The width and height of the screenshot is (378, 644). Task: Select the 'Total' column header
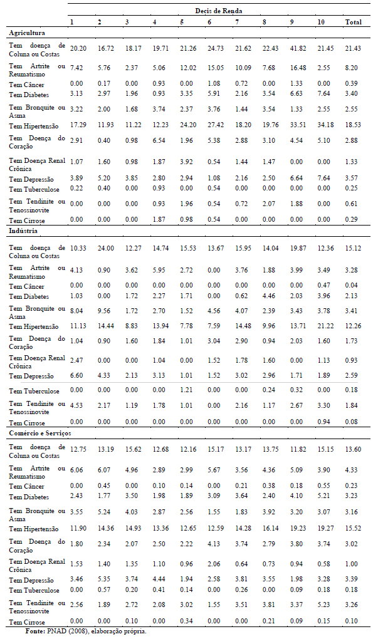pyautogui.click(x=354, y=22)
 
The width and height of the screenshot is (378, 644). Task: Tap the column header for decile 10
pyautogui.click(x=320, y=22)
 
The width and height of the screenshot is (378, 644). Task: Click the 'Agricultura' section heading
pyautogui.click(x=27, y=33)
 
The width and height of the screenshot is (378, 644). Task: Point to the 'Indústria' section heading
pyautogui.click(x=23, y=231)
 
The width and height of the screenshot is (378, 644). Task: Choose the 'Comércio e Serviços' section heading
pyautogui.click(x=40, y=434)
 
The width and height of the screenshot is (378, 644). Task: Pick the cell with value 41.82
pyautogui.click(x=298, y=48)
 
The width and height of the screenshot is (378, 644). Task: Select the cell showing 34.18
pyautogui.click(x=325, y=125)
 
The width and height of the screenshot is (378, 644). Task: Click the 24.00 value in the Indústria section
pyautogui.click(x=105, y=249)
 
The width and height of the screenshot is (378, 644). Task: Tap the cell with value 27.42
pyautogui.click(x=215, y=125)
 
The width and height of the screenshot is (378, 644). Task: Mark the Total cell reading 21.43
pyautogui.click(x=353, y=48)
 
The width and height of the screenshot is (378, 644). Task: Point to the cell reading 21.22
pyautogui.click(x=325, y=326)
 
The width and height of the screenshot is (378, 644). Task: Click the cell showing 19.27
pyautogui.click(x=325, y=528)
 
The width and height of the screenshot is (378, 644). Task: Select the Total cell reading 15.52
pyautogui.click(x=353, y=528)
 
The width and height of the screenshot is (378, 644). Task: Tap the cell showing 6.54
pyautogui.click(x=159, y=140)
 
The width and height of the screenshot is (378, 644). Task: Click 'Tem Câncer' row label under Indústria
pyautogui.click(x=27, y=286)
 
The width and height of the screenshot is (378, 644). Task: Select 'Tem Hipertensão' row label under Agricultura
pyautogui.click(x=34, y=127)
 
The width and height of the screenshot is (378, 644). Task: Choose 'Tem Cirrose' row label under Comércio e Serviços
pyautogui.click(x=27, y=622)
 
